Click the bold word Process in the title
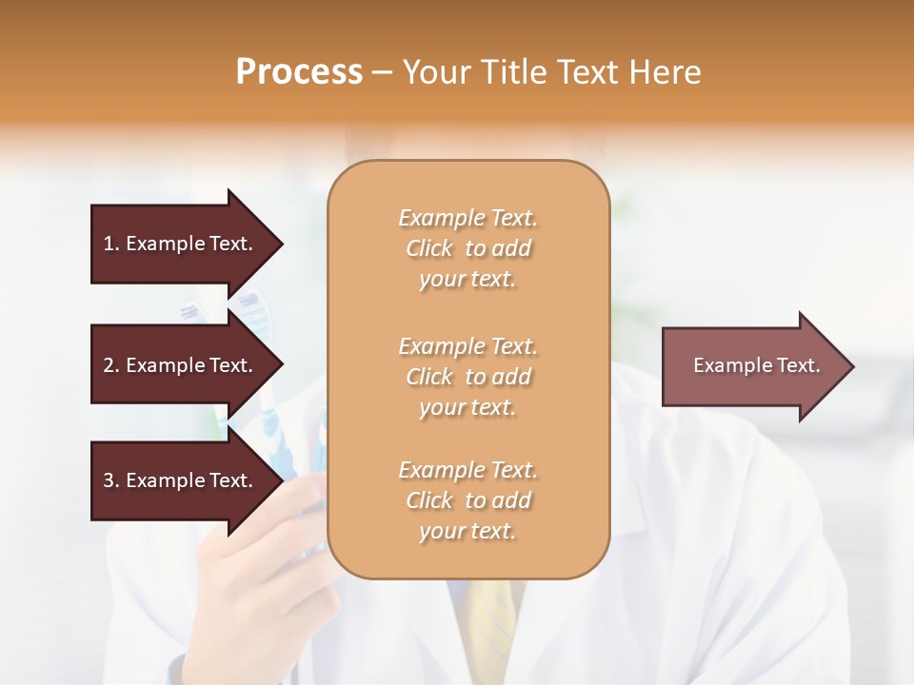coord(299,72)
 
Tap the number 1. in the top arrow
coord(111,244)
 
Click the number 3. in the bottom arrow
coord(111,480)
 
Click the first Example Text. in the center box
coord(467,218)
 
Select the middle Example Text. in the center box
coord(467,346)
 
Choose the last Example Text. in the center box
coord(467,470)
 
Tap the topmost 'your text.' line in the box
coord(467,280)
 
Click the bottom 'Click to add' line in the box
coord(467,500)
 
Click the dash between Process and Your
coord(383,72)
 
